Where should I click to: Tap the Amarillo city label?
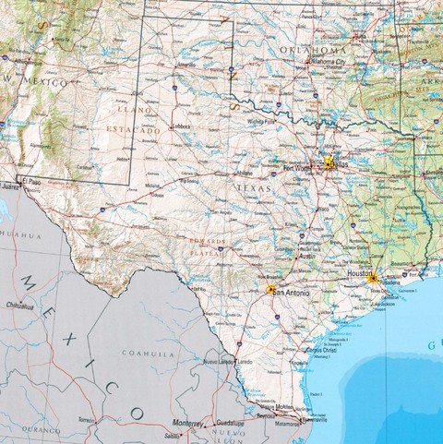(186, 66)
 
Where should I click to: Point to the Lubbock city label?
(177, 126)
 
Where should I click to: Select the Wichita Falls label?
(261, 120)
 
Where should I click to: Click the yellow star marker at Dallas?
(328, 162)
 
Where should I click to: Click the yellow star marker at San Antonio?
(270, 290)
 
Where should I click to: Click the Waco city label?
(323, 209)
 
